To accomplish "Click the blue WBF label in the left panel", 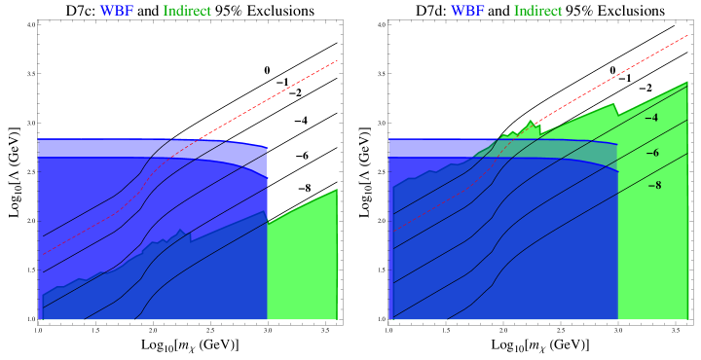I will click(x=117, y=12).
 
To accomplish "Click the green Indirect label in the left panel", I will click(x=187, y=12).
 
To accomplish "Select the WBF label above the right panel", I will click(x=467, y=12).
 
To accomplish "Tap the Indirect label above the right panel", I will click(x=537, y=12).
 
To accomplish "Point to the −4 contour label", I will click(x=651, y=118).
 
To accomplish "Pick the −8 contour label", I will click(x=654, y=184).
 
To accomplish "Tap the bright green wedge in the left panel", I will click(x=302, y=263).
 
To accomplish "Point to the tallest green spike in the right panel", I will click(x=531, y=124).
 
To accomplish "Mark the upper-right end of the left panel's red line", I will click(x=337, y=60).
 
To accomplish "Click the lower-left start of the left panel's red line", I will click(x=44, y=254).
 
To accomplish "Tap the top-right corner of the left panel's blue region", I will click(x=266, y=147).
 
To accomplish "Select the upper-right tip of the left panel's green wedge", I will click(x=337, y=191).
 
